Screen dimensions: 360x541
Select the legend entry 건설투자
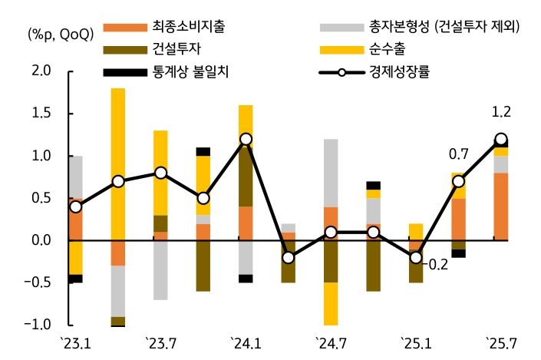click(x=173, y=51)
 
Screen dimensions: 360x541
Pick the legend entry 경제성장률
click(x=421, y=73)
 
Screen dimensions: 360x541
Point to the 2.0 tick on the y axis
click(x=41, y=71)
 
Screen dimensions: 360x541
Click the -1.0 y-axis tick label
click(x=38, y=325)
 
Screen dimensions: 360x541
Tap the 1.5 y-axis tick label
click(x=41, y=114)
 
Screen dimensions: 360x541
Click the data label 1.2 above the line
click(x=500, y=113)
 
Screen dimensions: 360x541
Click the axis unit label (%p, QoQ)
click(x=61, y=34)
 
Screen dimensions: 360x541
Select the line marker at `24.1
click(x=246, y=139)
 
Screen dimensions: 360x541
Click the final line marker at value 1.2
click(x=500, y=140)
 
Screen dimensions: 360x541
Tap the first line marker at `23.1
click(x=75, y=207)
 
